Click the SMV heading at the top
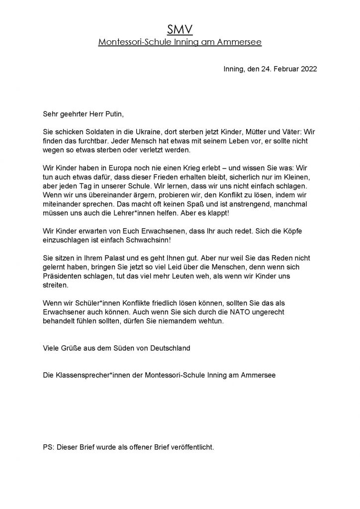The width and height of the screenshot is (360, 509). point(180,31)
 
